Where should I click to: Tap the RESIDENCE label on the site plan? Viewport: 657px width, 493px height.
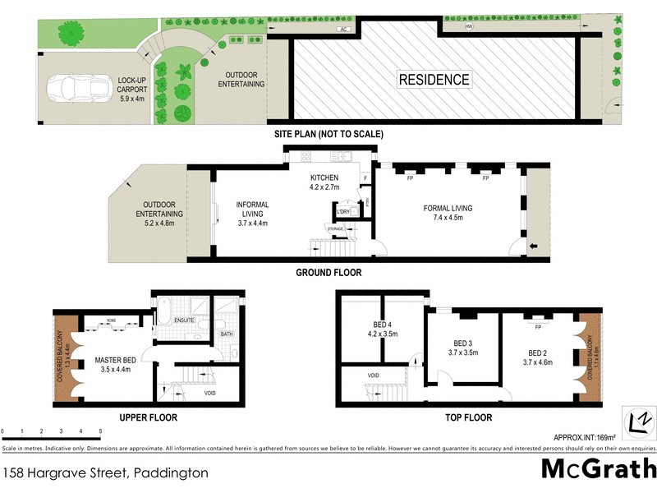(434, 80)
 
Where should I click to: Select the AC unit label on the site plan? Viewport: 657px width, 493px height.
(344, 29)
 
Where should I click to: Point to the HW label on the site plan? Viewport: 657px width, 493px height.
(469, 27)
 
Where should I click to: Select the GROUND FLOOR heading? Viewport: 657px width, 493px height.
(328, 273)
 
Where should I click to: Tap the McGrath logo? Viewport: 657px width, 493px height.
(599, 469)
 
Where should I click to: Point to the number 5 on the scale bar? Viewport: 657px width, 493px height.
(100, 431)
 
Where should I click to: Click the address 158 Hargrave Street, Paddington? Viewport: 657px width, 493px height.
(105, 473)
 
